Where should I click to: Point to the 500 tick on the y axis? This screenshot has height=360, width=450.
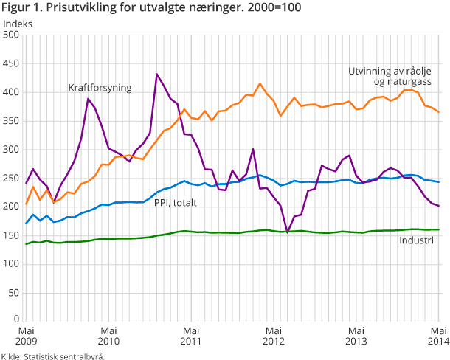click(x=13, y=35)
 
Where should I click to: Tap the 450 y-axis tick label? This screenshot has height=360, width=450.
click(x=13, y=63)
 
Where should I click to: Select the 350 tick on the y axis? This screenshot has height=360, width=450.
click(x=13, y=121)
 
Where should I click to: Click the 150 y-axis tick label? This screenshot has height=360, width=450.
click(x=13, y=235)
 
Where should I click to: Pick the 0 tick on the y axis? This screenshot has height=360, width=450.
click(x=17, y=321)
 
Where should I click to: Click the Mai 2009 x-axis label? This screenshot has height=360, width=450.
click(x=26, y=336)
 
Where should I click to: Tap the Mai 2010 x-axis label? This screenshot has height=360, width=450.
click(x=108, y=336)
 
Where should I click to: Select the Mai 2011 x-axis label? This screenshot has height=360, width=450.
click(x=191, y=336)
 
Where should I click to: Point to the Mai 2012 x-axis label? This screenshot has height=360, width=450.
click(x=274, y=336)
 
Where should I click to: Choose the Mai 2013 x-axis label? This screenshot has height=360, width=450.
click(x=356, y=336)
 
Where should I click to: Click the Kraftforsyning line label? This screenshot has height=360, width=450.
click(x=100, y=88)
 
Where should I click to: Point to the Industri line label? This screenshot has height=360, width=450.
click(x=417, y=241)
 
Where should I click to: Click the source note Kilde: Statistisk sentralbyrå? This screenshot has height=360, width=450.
click(x=53, y=355)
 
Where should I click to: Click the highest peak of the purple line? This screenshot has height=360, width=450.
click(x=157, y=74)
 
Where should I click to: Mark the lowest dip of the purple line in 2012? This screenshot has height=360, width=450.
click(x=288, y=232)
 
